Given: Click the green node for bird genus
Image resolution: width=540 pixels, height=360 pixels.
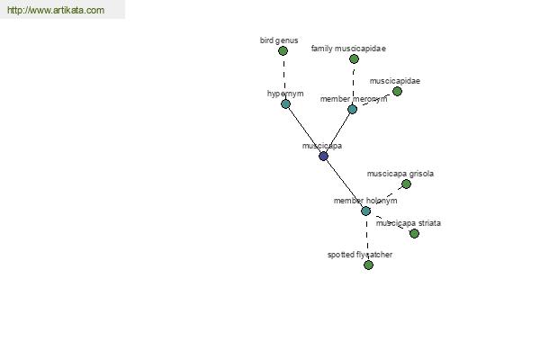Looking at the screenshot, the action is (x=283, y=51).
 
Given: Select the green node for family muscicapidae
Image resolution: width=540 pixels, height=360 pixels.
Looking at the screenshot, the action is (x=354, y=58).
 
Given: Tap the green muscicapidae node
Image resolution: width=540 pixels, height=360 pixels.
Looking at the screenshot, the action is (x=397, y=91).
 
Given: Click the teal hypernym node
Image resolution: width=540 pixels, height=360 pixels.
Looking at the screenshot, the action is (x=285, y=104).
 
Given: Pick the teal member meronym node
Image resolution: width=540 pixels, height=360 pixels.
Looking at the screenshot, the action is (x=352, y=110).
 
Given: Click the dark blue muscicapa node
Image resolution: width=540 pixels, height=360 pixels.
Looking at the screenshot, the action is (x=323, y=157).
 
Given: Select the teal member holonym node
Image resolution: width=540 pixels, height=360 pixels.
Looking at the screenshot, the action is (x=365, y=211).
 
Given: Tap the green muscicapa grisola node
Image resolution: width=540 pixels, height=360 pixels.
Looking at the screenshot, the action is (x=407, y=184).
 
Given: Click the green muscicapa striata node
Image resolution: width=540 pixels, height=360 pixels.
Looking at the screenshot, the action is (x=414, y=234).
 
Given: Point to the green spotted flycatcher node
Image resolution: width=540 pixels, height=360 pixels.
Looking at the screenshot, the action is (x=368, y=265).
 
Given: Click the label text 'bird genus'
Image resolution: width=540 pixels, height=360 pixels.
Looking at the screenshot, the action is (x=279, y=40).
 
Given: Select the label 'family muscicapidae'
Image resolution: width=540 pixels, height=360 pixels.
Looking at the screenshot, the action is (x=348, y=49).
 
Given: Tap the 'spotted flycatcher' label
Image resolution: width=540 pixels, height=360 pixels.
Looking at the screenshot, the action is (x=360, y=255).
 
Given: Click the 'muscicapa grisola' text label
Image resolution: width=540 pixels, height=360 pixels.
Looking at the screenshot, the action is (x=400, y=174).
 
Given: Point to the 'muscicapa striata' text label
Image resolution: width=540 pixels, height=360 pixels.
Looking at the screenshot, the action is (x=408, y=223).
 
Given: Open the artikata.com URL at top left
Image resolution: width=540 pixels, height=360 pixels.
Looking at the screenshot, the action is (x=56, y=10).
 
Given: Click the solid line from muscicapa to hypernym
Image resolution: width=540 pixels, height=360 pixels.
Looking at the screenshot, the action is (x=304, y=130).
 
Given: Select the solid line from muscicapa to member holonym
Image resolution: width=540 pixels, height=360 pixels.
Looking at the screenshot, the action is (x=345, y=184).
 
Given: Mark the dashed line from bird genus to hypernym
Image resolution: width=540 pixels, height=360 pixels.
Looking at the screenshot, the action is (x=284, y=77).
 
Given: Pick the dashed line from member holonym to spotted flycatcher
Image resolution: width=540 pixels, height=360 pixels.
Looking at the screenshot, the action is (x=367, y=238).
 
